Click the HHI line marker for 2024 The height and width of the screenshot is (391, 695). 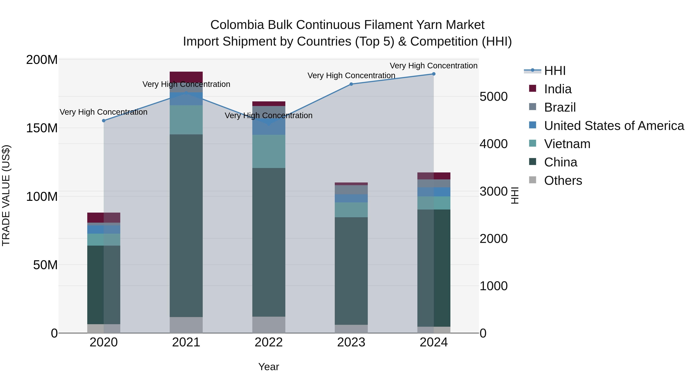[x=434, y=74]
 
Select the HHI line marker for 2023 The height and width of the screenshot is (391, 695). [x=351, y=84]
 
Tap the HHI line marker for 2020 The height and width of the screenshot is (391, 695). [x=104, y=121]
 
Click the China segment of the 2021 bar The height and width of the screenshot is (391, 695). [x=186, y=225]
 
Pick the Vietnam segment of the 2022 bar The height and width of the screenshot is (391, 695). [x=269, y=151]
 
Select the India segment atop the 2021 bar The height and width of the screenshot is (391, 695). [x=186, y=77]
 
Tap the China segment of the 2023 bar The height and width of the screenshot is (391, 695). [x=351, y=271]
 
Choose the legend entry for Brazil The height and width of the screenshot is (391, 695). [x=560, y=107]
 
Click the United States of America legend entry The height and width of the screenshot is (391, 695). [x=614, y=126]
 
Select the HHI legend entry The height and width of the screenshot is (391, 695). [x=555, y=71]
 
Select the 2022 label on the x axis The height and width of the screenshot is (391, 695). [x=269, y=342]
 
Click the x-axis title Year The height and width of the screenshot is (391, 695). [x=269, y=367]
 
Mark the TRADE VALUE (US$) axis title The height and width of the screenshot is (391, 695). [x=6, y=196]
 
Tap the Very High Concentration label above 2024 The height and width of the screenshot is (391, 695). [x=434, y=66]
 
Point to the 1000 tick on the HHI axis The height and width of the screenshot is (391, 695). [x=493, y=286]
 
